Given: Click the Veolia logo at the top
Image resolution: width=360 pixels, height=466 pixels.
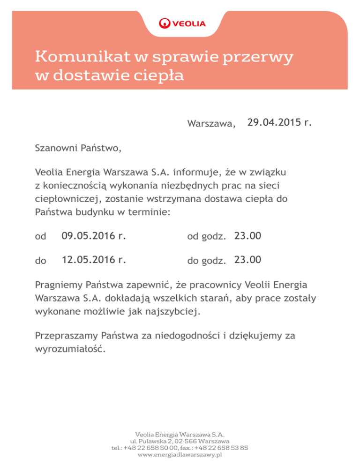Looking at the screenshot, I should [x=182, y=23].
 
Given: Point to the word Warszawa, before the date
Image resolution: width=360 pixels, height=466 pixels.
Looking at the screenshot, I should [x=211, y=124].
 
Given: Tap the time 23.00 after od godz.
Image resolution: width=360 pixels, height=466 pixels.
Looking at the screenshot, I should [x=248, y=236].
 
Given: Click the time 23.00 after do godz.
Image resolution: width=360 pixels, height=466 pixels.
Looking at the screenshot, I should [x=248, y=260].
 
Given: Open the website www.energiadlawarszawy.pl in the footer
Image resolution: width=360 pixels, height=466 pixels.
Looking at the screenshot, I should [x=180, y=455].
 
